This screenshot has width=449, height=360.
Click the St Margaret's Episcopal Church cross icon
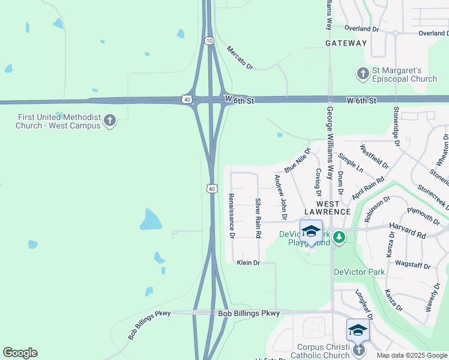(x=363, y=74)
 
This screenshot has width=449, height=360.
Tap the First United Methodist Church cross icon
(x=109, y=121)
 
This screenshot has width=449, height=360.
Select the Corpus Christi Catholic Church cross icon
(x=358, y=349)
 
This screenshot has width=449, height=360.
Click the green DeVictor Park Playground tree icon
(x=339, y=238)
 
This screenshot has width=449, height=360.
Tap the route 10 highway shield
(x=208, y=40)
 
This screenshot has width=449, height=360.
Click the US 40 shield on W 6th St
(x=188, y=99)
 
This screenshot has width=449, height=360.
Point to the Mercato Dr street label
(x=240, y=58)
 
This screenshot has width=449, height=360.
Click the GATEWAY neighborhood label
(x=346, y=43)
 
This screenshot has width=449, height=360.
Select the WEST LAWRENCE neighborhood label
(x=327, y=208)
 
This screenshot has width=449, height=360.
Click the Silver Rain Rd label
(x=258, y=218)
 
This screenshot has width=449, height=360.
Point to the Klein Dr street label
(x=248, y=263)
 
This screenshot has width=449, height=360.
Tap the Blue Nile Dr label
(x=297, y=161)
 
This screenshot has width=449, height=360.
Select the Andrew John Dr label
(x=280, y=197)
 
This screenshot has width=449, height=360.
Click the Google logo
(x=20, y=353)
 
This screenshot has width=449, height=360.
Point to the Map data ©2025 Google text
(x=411, y=355)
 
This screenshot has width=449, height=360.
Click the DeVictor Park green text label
(x=359, y=272)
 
